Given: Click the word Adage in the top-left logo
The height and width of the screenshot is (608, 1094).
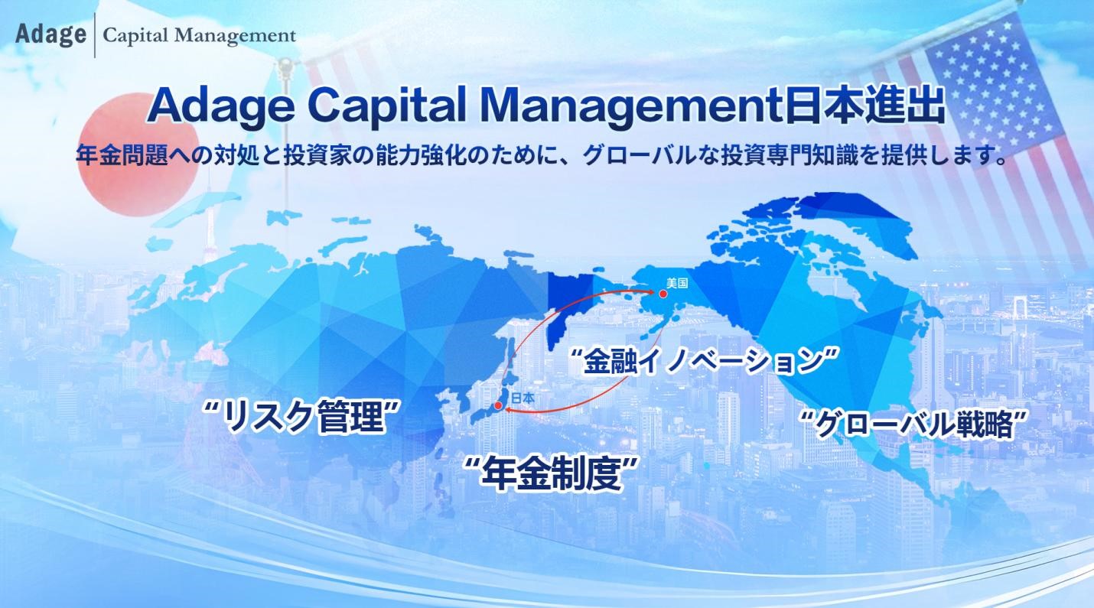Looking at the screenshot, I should tap(50, 34).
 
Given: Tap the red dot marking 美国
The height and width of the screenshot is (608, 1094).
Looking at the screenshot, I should tap(653, 293).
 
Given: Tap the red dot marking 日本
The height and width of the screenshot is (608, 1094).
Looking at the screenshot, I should tap(498, 407).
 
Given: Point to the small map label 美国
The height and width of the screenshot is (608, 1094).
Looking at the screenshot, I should tap(677, 283).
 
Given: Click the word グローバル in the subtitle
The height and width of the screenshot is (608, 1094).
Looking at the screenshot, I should tap(640, 158).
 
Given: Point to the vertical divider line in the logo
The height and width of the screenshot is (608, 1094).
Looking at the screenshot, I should tap(95, 35).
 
